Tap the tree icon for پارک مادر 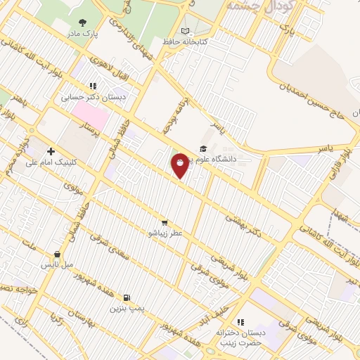(83, 22)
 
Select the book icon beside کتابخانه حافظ (185, 31)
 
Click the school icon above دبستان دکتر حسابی (92, 86)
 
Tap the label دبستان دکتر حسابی (93, 98)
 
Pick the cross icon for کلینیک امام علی (51, 151)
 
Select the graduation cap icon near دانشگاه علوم (203, 148)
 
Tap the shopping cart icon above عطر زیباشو (164, 221)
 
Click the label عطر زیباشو (164, 232)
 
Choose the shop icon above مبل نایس (57, 255)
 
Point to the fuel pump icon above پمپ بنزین (127, 297)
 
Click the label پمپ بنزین (127, 308)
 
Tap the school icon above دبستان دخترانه (240, 321)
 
